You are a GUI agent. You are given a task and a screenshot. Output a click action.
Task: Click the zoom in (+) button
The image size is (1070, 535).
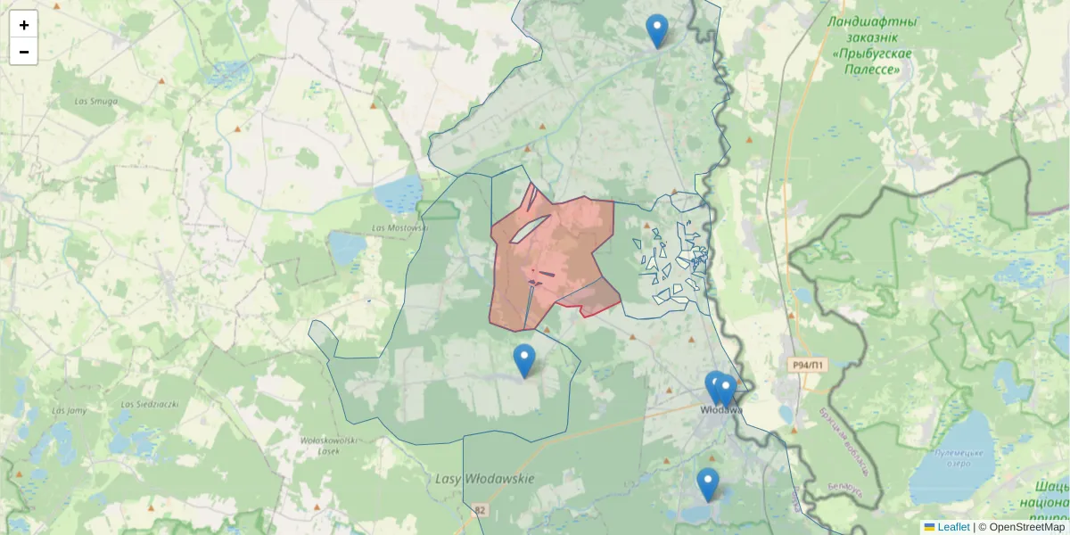[x=24, y=25]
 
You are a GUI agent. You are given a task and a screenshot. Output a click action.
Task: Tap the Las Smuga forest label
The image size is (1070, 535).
[x=96, y=102]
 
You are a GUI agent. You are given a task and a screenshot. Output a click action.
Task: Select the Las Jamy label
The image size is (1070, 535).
[x=69, y=411]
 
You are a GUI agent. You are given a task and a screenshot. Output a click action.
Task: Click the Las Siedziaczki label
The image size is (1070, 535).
[x=150, y=404]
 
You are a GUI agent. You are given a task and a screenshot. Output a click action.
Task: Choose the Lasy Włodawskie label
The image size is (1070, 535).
[x=484, y=479]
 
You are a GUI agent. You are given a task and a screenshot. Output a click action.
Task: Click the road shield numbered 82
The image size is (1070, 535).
[x=482, y=511]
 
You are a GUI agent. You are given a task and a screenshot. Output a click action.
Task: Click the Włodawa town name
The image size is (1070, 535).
[x=721, y=410]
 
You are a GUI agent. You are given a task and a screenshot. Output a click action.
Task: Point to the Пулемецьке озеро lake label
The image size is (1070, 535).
[x=959, y=458]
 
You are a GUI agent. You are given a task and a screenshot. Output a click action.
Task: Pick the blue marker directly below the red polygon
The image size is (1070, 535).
[x=524, y=359]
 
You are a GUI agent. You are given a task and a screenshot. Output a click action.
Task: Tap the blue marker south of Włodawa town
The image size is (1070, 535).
[x=708, y=483]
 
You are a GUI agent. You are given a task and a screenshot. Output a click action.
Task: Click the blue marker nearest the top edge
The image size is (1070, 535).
[x=657, y=30]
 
